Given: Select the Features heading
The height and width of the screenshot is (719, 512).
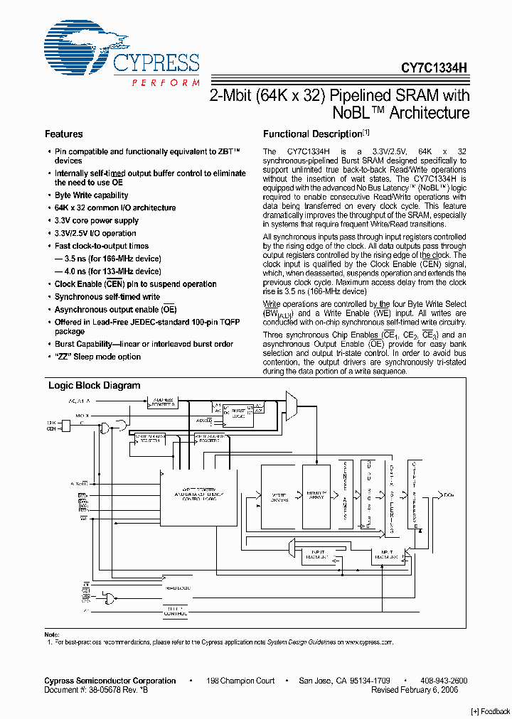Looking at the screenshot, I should pyautogui.click(x=64, y=134).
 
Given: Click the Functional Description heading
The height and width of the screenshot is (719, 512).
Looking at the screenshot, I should pyautogui.click(x=313, y=134).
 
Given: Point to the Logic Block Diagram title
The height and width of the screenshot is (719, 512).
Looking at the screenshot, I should pyautogui.click(x=94, y=386).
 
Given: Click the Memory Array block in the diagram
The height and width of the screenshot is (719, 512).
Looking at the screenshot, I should pyautogui.click(x=316, y=495).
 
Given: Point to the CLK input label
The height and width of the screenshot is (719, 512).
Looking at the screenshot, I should pyautogui.click(x=51, y=422).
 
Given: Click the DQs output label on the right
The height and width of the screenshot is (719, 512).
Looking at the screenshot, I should pyautogui.click(x=449, y=493).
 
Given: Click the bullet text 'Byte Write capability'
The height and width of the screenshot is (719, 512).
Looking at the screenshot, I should pyautogui.click(x=91, y=195).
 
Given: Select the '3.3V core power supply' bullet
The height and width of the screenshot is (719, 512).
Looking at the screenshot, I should pyautogui.click(x=96, y=221).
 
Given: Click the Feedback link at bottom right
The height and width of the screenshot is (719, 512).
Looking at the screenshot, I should pyautogui.click(x=490, y=710).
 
